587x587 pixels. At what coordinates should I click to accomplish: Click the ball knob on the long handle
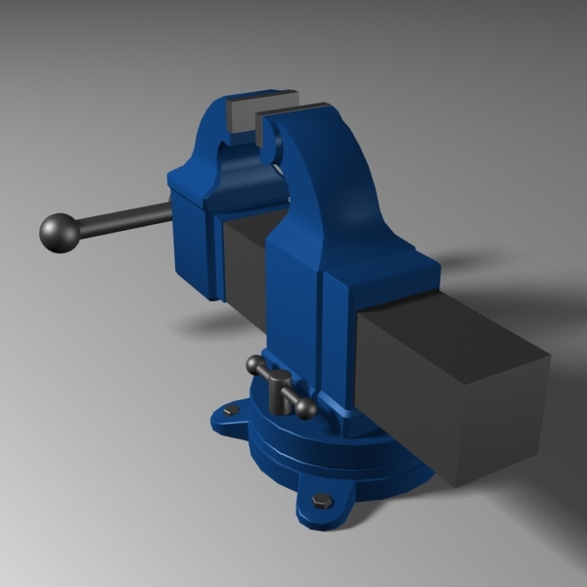pos(59,234)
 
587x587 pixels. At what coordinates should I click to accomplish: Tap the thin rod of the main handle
pos(122,219)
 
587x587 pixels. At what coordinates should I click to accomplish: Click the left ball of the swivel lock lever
pos(253,365)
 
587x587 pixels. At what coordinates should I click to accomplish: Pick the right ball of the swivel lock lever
pos(306,409)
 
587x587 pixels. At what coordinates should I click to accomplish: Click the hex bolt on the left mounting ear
pos(232,412)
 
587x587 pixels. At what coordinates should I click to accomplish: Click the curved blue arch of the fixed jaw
pos(333,166)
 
